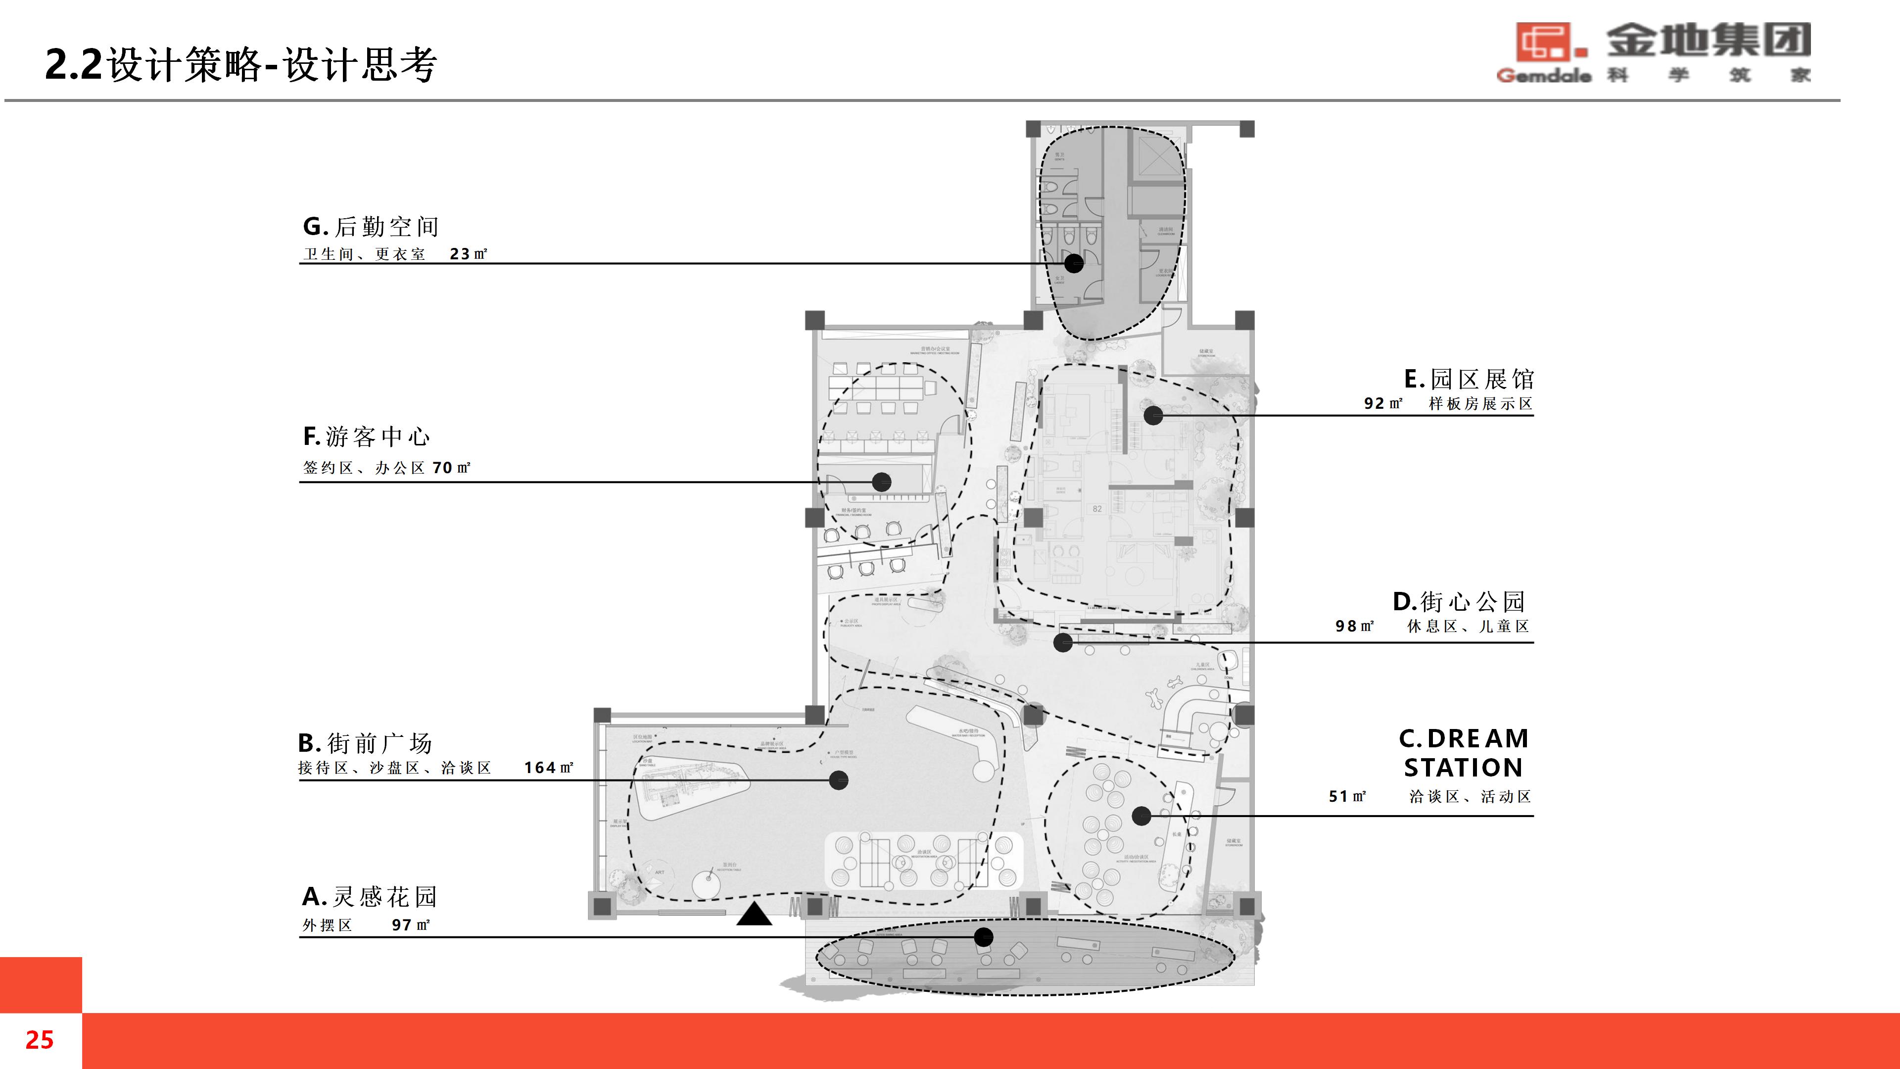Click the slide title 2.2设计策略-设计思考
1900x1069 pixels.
[240, 64]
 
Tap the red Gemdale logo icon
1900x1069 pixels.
[1549, 42]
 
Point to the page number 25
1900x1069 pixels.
[39, 1039]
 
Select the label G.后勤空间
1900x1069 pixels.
[371, 227]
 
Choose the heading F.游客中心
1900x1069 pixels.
[367, 437]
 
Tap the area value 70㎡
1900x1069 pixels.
[451, 468]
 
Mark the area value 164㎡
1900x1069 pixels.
[549, 768]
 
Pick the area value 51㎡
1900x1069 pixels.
[1347, 797]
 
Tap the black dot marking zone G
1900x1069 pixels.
[1074, 263]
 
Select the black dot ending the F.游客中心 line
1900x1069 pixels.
[881, 482]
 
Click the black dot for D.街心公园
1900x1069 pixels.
[1063, 642]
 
